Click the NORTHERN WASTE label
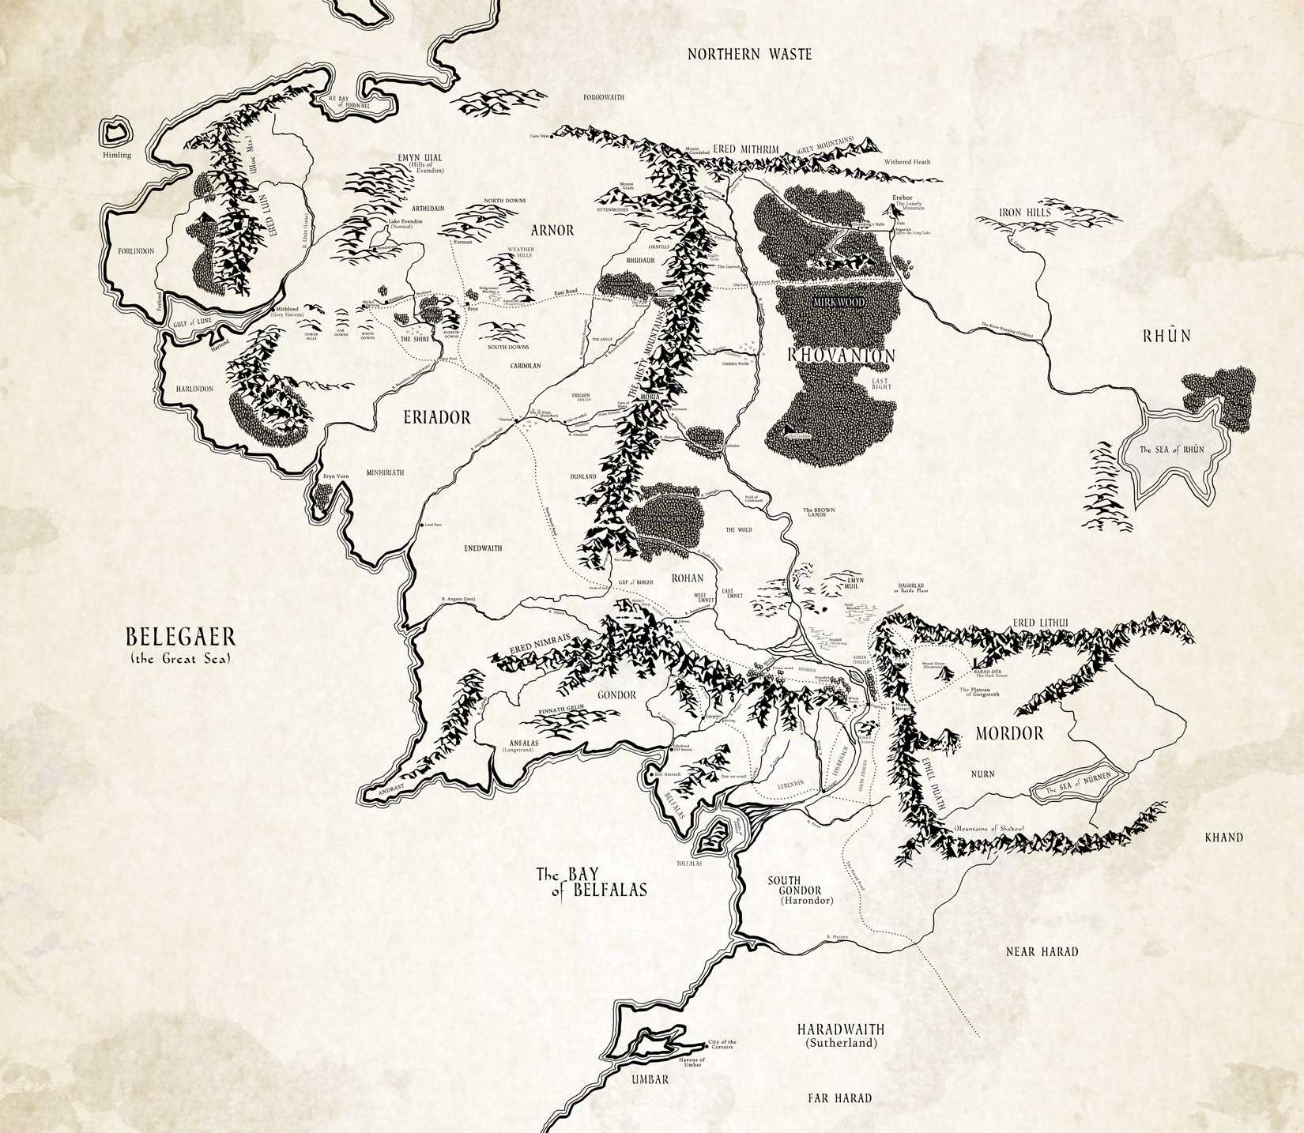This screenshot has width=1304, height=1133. [x=749, y=55]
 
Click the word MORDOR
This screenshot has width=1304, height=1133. [x=1009, y=733]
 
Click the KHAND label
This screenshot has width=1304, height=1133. [x=1223, y=838]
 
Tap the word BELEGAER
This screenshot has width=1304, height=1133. [x=176, y=638]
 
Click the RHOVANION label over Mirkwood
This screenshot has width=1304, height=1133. [x=842, y=356]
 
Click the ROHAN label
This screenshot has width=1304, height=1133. [x=687, y=578]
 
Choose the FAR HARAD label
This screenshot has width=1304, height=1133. [x=839, y=1097]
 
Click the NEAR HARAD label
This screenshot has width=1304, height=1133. [x=1042, y=952]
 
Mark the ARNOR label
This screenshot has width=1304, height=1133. [x=552, y=230]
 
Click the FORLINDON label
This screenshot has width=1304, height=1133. [x=136, y=250]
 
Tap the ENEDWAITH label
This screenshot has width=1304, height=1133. [x=483, y=548]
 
